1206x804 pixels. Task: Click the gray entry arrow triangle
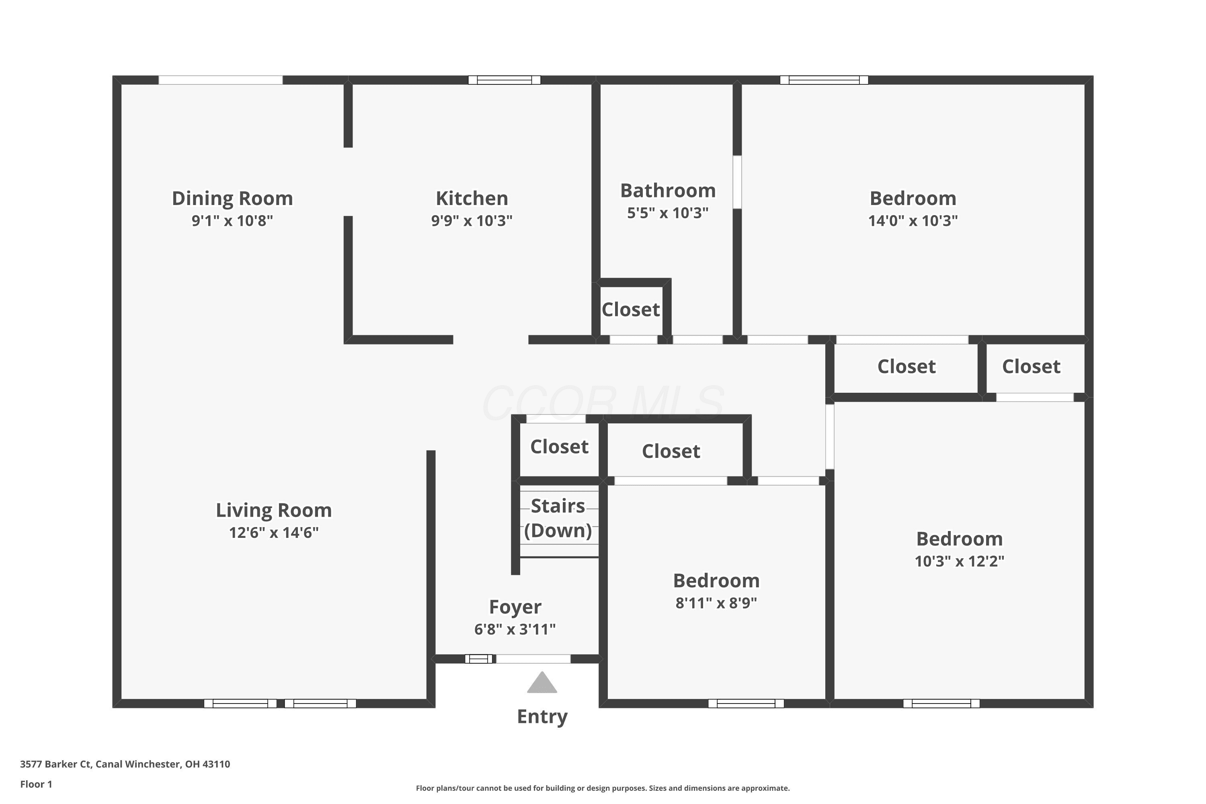coord(542,683)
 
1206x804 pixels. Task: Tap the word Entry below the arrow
coord(542,716)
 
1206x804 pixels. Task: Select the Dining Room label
coord(232,199)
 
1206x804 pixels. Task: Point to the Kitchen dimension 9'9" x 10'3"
coord(472,220)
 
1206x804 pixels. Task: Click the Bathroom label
coord(668,191)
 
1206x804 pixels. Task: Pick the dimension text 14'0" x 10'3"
coord(913,220)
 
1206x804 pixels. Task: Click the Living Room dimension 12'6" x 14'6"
coord(274,533)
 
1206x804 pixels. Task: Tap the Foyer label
coord(515,607)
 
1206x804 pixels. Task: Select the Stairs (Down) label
coord(558,518)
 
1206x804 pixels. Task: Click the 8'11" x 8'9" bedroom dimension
coord(716,603)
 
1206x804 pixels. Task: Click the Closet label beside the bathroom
coord(631,310)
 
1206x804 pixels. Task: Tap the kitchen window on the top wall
coord(505,80)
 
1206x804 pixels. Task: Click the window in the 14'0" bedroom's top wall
coord(824,80)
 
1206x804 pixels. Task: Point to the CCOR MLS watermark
coord(603,404)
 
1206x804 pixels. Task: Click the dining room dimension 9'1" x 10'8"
coord(232,220)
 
